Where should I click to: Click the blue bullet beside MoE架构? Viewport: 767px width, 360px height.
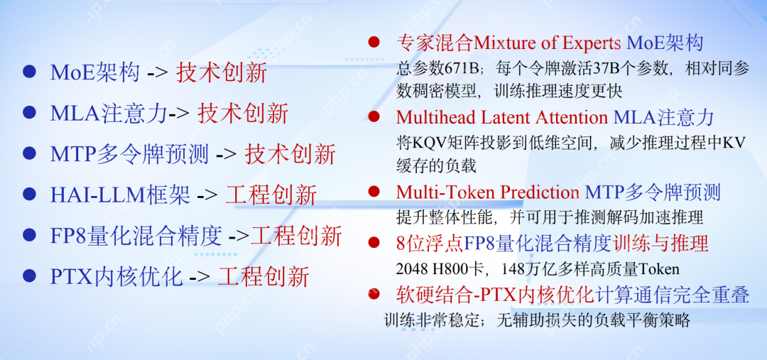click(29, 71)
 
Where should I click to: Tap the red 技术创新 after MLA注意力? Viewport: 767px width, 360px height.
click(243, 113)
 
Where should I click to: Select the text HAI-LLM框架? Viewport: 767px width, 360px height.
click(120, 195)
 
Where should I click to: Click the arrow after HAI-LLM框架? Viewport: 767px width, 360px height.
click(208, 195)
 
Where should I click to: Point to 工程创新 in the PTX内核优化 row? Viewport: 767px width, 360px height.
click(263, 277)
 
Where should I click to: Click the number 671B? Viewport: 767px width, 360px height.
click(463, 69)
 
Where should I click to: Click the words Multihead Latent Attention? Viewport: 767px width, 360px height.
click(502, 117)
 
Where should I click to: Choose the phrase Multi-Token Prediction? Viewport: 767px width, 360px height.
click(488, 192)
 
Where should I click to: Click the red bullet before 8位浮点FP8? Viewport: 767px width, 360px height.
click(374, 242)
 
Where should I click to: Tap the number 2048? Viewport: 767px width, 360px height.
click(411, 268)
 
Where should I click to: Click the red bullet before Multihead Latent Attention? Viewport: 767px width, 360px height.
click(374, 116)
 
